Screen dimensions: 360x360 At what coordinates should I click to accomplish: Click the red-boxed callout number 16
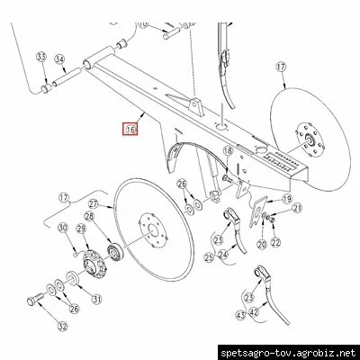click(x=130, y=129)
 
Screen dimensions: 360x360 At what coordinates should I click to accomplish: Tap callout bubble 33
click(x=41, y=57)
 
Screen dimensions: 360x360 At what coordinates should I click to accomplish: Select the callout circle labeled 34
click(x=59, y=59)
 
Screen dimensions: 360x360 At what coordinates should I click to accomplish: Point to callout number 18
click(x=228, y=150)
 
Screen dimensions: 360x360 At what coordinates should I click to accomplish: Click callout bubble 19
click(x=286, y=199)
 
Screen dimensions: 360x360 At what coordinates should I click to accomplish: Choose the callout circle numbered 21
click(x=297, y=208)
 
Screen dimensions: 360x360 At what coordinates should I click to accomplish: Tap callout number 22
click(x=275, y=242)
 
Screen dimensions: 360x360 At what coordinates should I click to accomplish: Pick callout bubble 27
click(x=94, y=204)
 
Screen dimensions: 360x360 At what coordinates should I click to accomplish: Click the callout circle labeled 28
click(x=89, y=216)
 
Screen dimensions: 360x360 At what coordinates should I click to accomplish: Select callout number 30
click(x=63, y=228)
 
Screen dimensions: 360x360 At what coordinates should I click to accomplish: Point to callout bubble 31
click(x=96, y=299)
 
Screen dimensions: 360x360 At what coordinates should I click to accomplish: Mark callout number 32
click(x=63, y=326)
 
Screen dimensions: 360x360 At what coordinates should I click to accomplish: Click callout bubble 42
click(x=254, y=312)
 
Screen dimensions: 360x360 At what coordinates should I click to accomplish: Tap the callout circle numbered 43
click(x=241, y=315)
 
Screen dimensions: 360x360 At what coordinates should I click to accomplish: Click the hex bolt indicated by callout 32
click(x=35, y=298)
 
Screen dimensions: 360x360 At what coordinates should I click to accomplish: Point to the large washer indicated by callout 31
click(x=72, y=277)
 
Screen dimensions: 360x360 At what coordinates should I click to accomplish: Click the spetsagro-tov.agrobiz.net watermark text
click(x=288, y=353)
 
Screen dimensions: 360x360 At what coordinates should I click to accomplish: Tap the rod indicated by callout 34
click(x=67, y=76)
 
